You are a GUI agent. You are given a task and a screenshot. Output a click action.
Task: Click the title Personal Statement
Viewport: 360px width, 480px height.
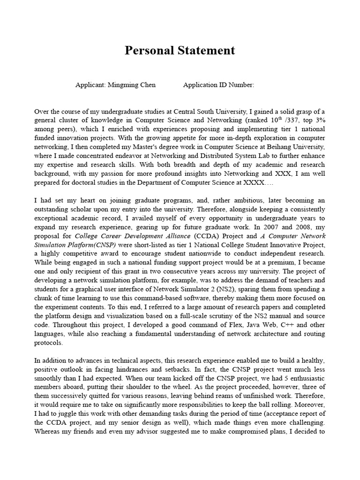pyautogui.click(x=180, y=51)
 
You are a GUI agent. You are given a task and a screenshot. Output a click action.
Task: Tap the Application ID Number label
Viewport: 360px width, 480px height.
pyautogui.click(x=218, y=85)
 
